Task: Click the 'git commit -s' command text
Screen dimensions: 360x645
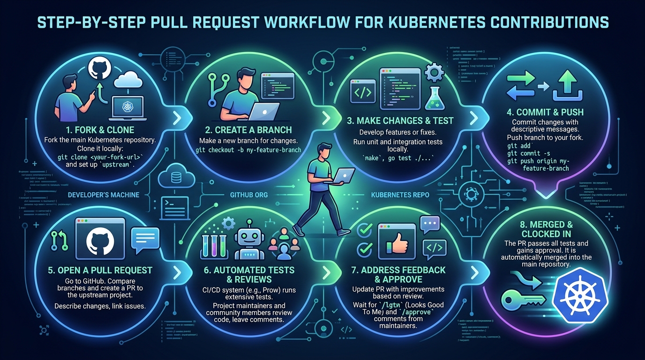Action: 527,153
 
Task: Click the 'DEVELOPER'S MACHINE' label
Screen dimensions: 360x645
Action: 104,195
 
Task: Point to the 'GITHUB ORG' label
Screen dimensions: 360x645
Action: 249,195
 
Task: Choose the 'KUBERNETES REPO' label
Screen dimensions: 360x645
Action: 400,195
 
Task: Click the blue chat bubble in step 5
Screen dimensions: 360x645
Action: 146,238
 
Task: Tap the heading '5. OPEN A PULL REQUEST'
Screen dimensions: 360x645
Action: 105,270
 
